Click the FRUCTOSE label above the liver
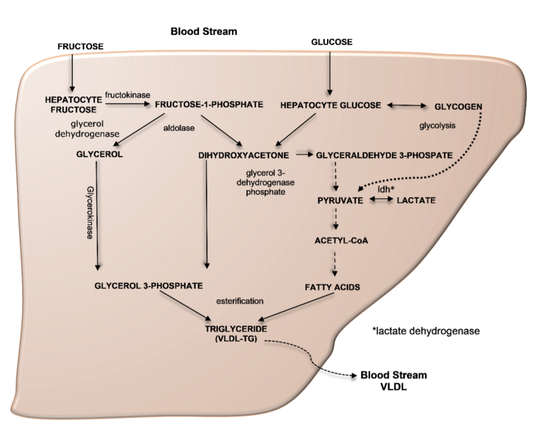pyautogui.click(x=81, y=46)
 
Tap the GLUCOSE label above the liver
pyautogui.click(x=332, y=42)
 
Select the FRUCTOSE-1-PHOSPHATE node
pyautogui.click(x=209, y=104)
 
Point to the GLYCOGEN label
pyautogui.click(x=458, y=107)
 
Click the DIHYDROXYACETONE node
pyautogui.click(x=244, y=155)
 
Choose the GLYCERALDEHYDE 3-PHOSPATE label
pyautogui.click(x=384, y=155)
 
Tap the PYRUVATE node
pyautogui.click(x=340, y=201)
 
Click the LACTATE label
pyautogui.click(x=416, y=201)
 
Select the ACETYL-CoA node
pyautogui.click(x=341, y=241)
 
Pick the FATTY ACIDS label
pyautogui.click(x=332, y=287)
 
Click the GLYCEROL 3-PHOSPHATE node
pyautogui.click(x=149, y=286)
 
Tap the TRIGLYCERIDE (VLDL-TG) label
pyautogui.click(x=236, y=334)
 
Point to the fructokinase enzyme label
pyautogui.click(x=128, y=95)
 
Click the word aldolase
pyautogui.click(x=179, y=128)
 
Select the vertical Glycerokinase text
pyautogui.click(x=90, y=212)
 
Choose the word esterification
pyautogui.click(x=240, y=301)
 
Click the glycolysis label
pyautogui.click(x=437, y=126)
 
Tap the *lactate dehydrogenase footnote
pyautogui.click(x=426, y=331)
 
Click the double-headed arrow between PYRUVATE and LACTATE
pyautogui.click(x=381, y=200)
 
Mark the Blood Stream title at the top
pyautogui.click(x=204, y=32)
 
